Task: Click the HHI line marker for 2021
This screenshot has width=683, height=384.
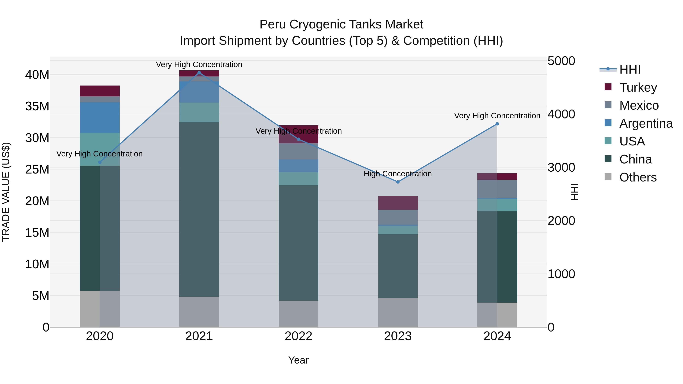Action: click(x=199, y=73)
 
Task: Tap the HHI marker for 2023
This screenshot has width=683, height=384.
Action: click(x=398, y=182)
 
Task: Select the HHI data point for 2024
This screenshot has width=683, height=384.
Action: click(x=497, y=124)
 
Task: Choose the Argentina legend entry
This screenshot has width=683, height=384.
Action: click(x=646, y=123)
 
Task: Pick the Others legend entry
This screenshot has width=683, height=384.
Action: click(x=638, y=177)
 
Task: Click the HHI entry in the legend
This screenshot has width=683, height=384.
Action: click(x=630, y=69)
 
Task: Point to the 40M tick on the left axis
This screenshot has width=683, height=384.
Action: click(x=37, y=75)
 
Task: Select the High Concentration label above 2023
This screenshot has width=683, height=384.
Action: click(x=397, y=174)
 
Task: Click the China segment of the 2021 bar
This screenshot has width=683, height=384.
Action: click(x=199, y=209)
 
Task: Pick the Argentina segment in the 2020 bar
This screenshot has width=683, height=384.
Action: click(x=100, y=118)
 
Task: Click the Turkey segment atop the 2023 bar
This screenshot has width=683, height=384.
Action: click(x=398, y=203)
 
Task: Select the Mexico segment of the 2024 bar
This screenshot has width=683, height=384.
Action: click(x=497, y=189)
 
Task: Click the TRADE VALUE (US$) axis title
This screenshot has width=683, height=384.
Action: click(x=6, y=192)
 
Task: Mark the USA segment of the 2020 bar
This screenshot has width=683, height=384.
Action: click(x=100, y=149)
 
